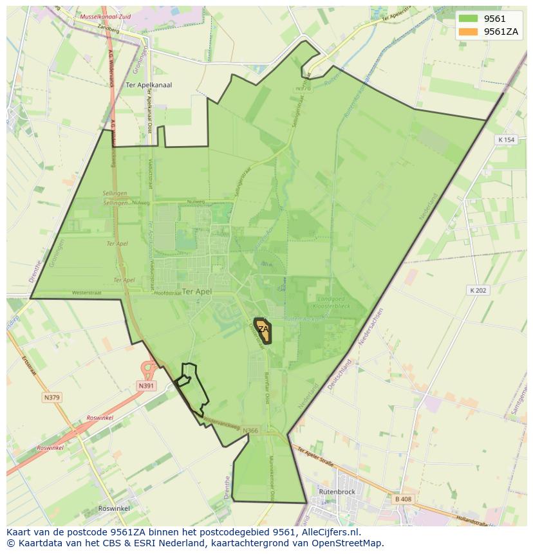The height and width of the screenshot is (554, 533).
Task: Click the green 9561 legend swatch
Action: [468, 19]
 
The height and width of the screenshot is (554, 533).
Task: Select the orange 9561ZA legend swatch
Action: [468, 32]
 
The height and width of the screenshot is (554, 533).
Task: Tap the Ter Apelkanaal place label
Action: [149, 85]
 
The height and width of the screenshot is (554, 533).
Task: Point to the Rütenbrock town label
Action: [337, 492]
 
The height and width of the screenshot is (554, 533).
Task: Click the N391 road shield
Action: [146, 386]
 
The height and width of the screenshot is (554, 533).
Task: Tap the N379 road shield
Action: [52, 398]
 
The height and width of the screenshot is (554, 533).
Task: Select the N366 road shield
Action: [250, 431]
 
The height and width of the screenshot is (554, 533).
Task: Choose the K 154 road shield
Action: [507, 140]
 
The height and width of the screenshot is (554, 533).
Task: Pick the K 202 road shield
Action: [477, 290]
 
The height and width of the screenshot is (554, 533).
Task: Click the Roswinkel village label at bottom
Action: [114, 508]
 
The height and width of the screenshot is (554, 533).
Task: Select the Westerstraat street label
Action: [87, 292]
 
